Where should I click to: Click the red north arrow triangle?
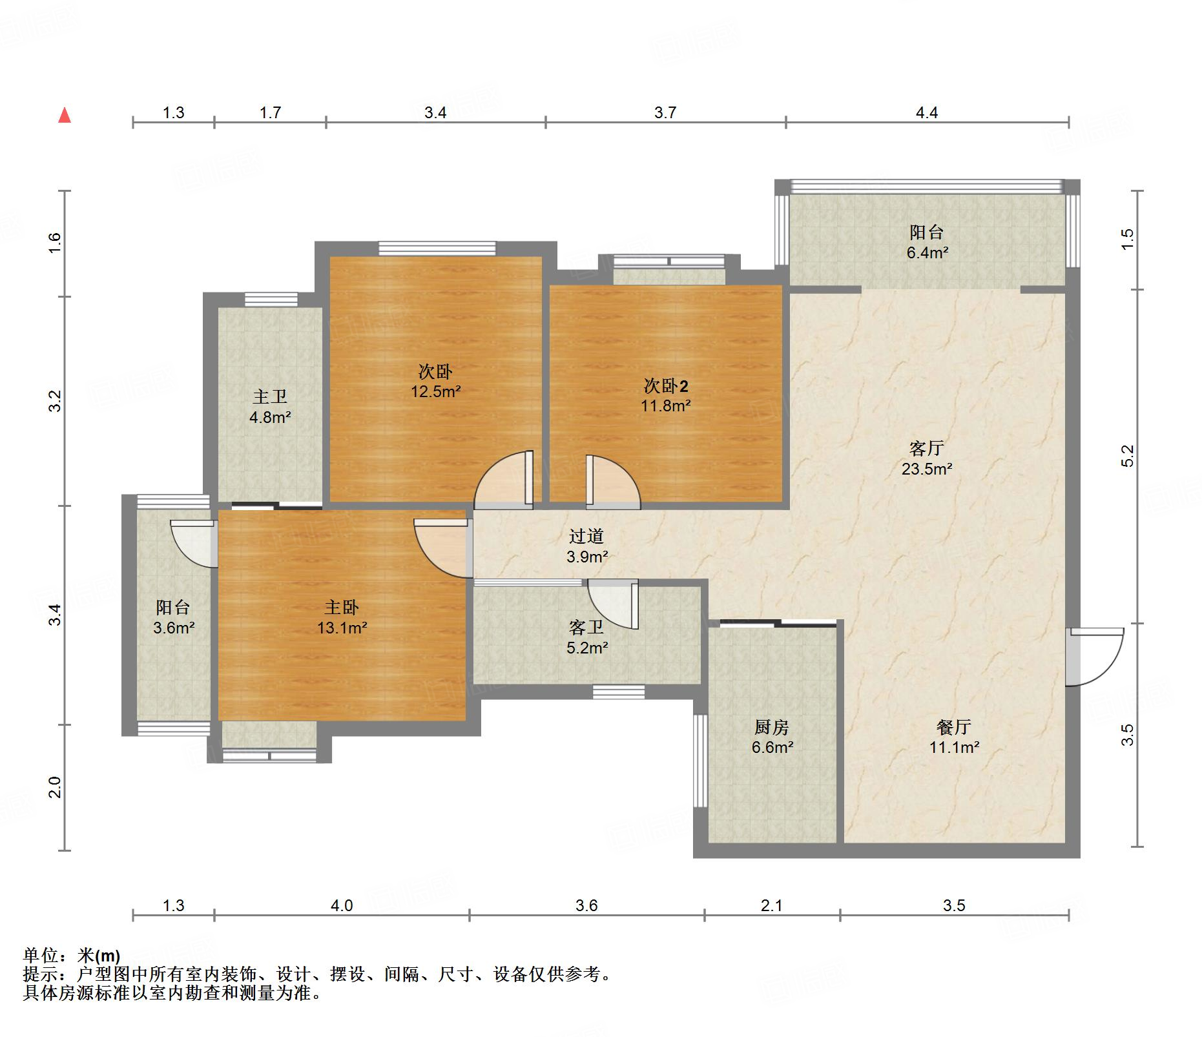coord(65,116)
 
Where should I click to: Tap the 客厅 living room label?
coord(926,448)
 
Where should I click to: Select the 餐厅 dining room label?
coord(953,727)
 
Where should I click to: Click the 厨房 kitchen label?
coord(771,727)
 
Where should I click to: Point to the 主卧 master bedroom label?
coord(341,607)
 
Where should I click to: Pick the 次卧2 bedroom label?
coord(665,386)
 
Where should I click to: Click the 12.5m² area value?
coord(436,391)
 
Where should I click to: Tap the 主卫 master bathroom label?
coord(269,396)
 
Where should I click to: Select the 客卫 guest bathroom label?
coord(586,627)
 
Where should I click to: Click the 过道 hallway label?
coord(586,536)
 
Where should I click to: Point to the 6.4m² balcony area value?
coord(927,252)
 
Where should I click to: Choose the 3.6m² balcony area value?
coord(174,627)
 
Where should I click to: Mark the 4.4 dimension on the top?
coord(927,113)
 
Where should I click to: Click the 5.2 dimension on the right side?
coord(1127,456)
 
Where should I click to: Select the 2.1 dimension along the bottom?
coord(771,905)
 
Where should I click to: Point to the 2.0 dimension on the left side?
coord(55,787)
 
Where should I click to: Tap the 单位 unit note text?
coord(41,955)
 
